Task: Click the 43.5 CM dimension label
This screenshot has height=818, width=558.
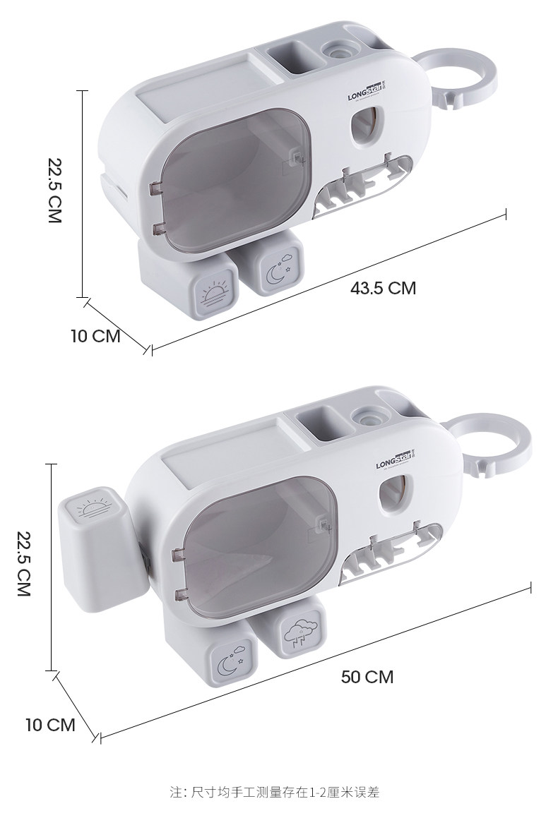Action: click(x=383, y=288)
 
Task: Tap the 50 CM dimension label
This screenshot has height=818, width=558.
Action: click(x=367, y=677)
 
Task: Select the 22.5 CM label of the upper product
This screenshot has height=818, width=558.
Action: click(x=54, y=191)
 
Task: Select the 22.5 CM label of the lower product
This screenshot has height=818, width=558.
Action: click(x=24, y=563)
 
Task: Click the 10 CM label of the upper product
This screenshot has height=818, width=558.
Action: click(x=95, y=336)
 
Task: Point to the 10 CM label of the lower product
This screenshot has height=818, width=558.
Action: click(x=51, y=725)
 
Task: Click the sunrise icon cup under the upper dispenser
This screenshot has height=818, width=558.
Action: click(x=189, y=282)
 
